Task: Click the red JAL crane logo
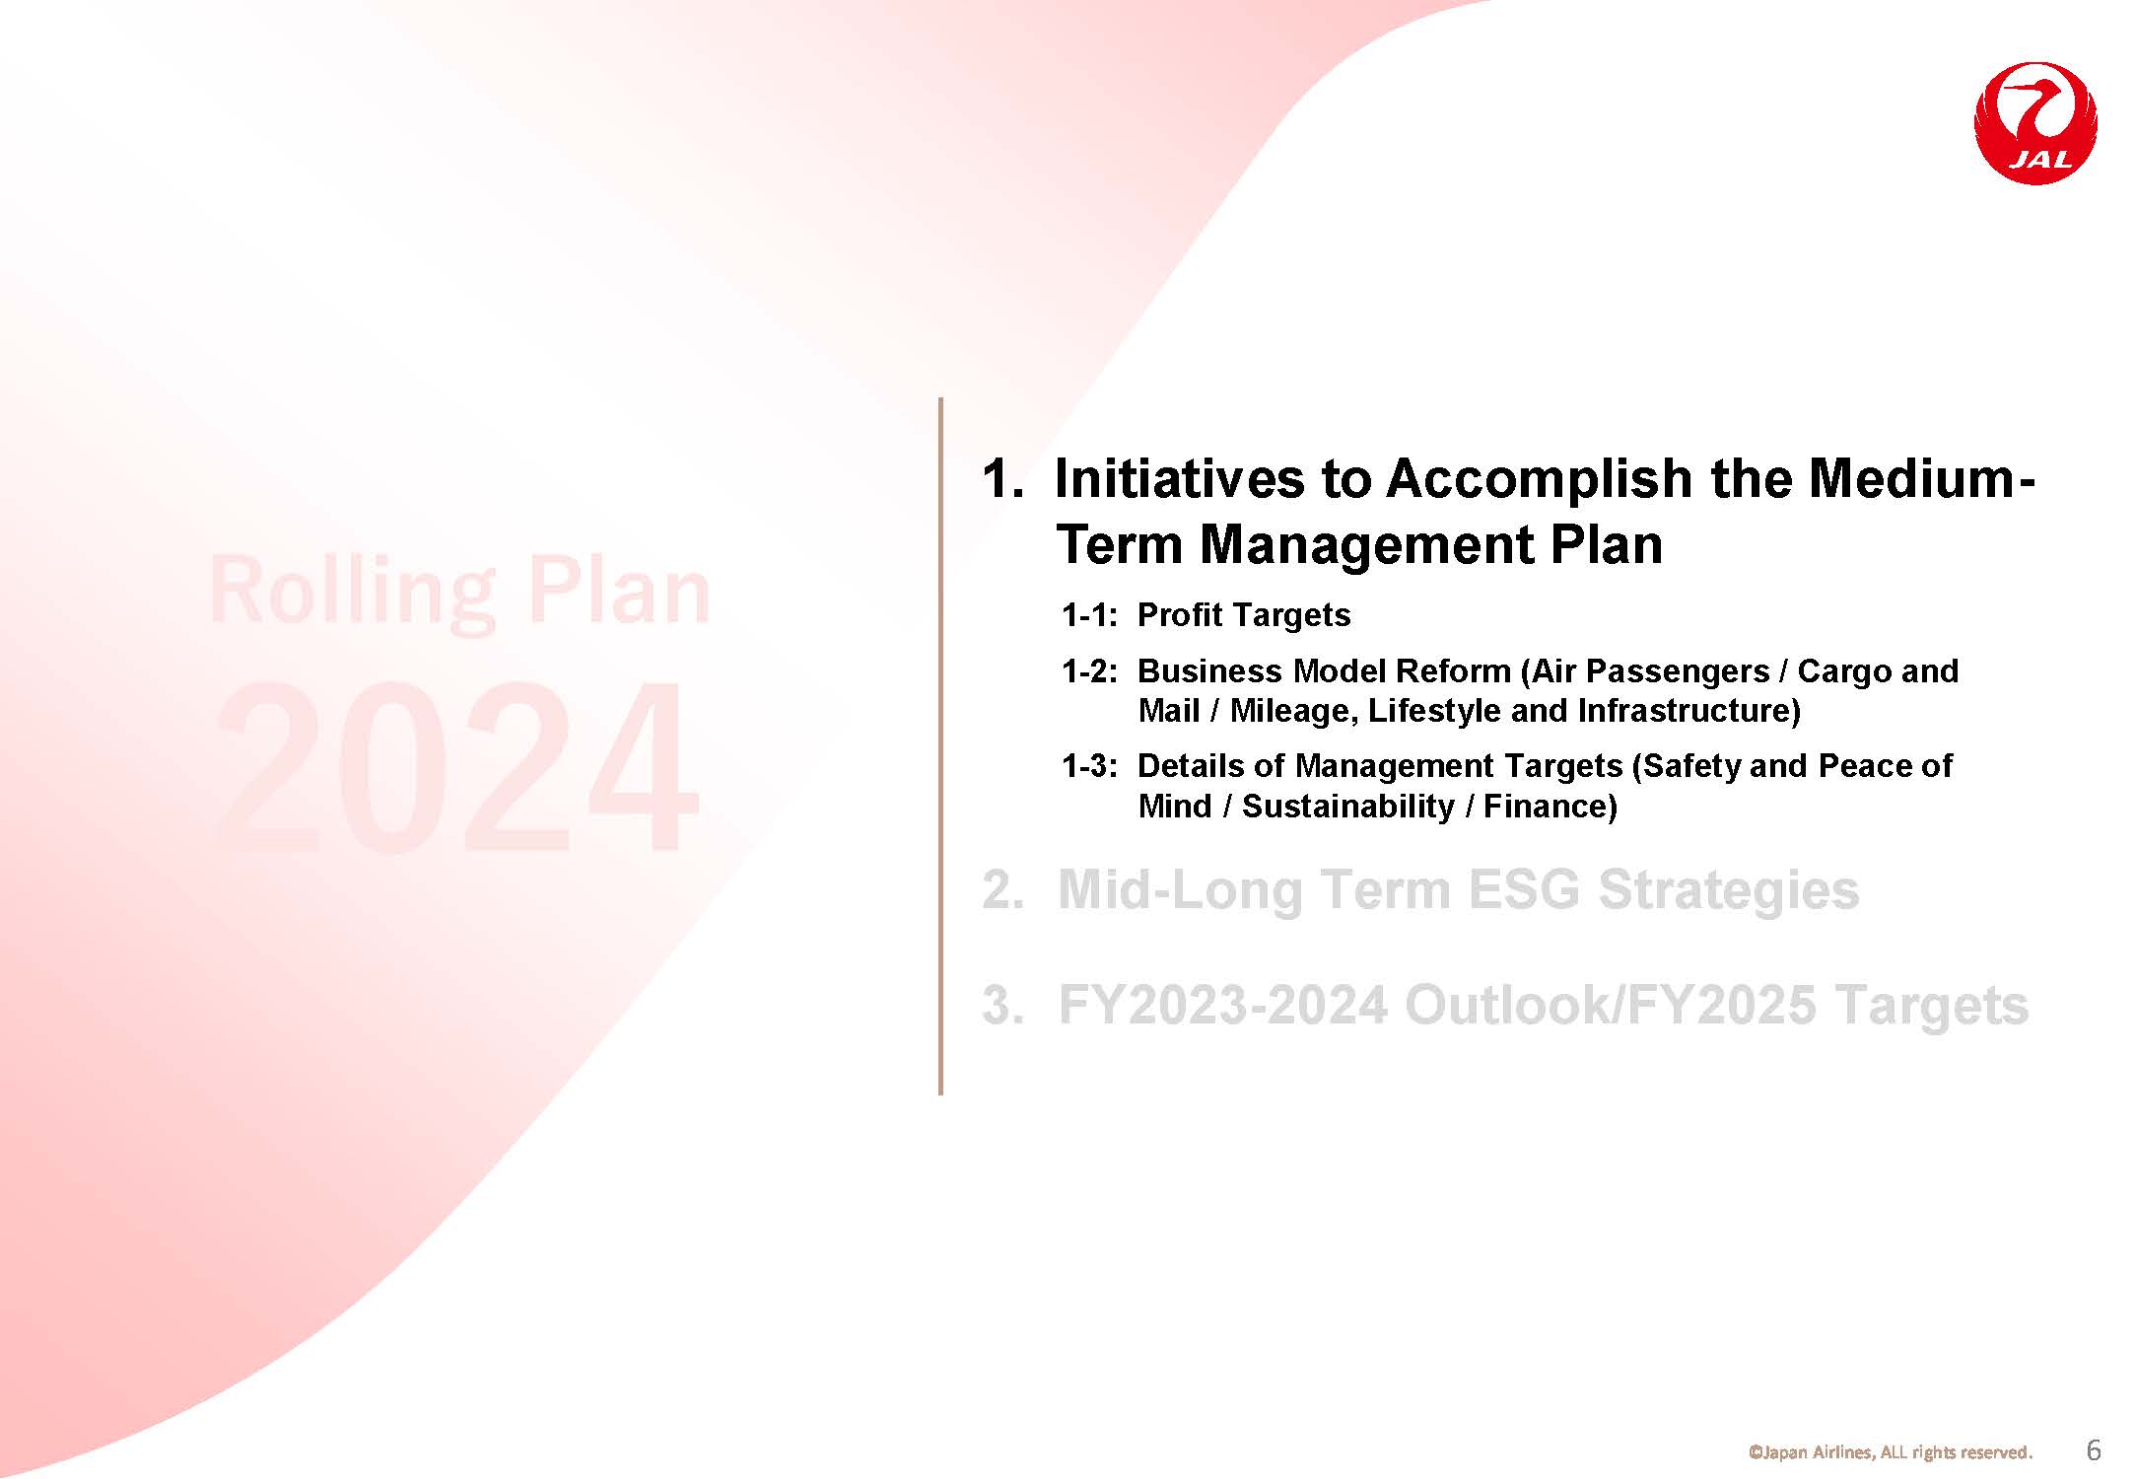pos(2035,123)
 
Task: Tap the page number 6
pos(2095,1450)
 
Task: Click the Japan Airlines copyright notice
pos(1890,1452)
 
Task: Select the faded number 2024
pos(457,767)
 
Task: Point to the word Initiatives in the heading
pos(1179,478)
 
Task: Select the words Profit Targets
pos(1244,615)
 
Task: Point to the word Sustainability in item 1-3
pos(1347,807)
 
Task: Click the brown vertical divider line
pos(941,746)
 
